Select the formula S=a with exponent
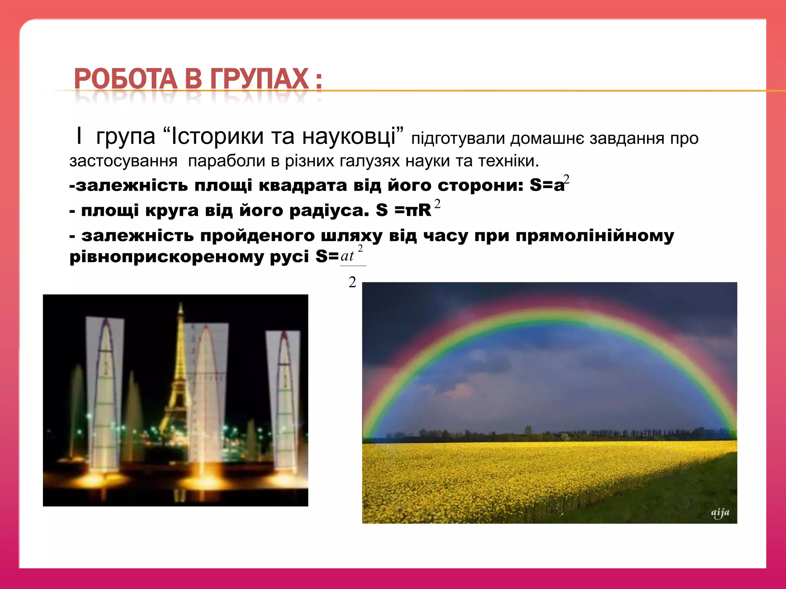pyautogui.click(x=549, y=185)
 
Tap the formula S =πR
pyautogui.click(x=407, y=210)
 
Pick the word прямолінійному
pyautogui.click(x=594, y=235)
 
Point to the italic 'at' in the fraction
pyautogui.click(x=347, y=256)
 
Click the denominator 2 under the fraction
pyautogui.click(x=352, y=282)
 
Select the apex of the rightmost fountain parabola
pyautogui.click(x=284, y=334)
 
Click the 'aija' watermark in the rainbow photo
pyautogui.click(x=720, y=513)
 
